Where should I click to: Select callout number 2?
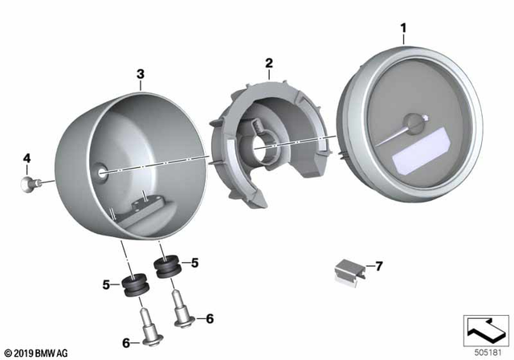(x=269, y=63)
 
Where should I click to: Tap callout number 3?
(x=141, y=76)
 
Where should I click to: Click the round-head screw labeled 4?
(x=30, y=184)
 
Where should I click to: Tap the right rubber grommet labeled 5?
(x=166, y=267)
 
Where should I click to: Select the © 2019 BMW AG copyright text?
(x=35, y=351)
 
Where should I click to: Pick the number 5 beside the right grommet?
(x=194, y=262)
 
